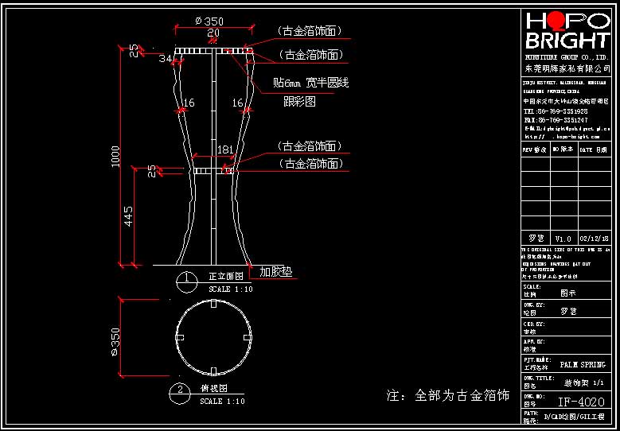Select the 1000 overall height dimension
tap(116, 156)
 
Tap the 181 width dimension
tap(225, 149)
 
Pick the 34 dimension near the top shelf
tap(165, 59)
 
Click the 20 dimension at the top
tap(213, 33)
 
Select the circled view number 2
tap(181, 390)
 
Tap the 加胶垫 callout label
tap(276, 271)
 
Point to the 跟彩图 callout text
tap(300, 102)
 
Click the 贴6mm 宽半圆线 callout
tap(311, 83)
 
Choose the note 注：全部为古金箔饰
tap(447, 395)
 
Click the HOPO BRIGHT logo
tap(567, 32)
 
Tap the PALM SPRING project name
tap(583, 364)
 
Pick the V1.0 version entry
tap(563, 239)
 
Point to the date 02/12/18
tap(594, 239)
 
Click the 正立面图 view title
tap(225, 277)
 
